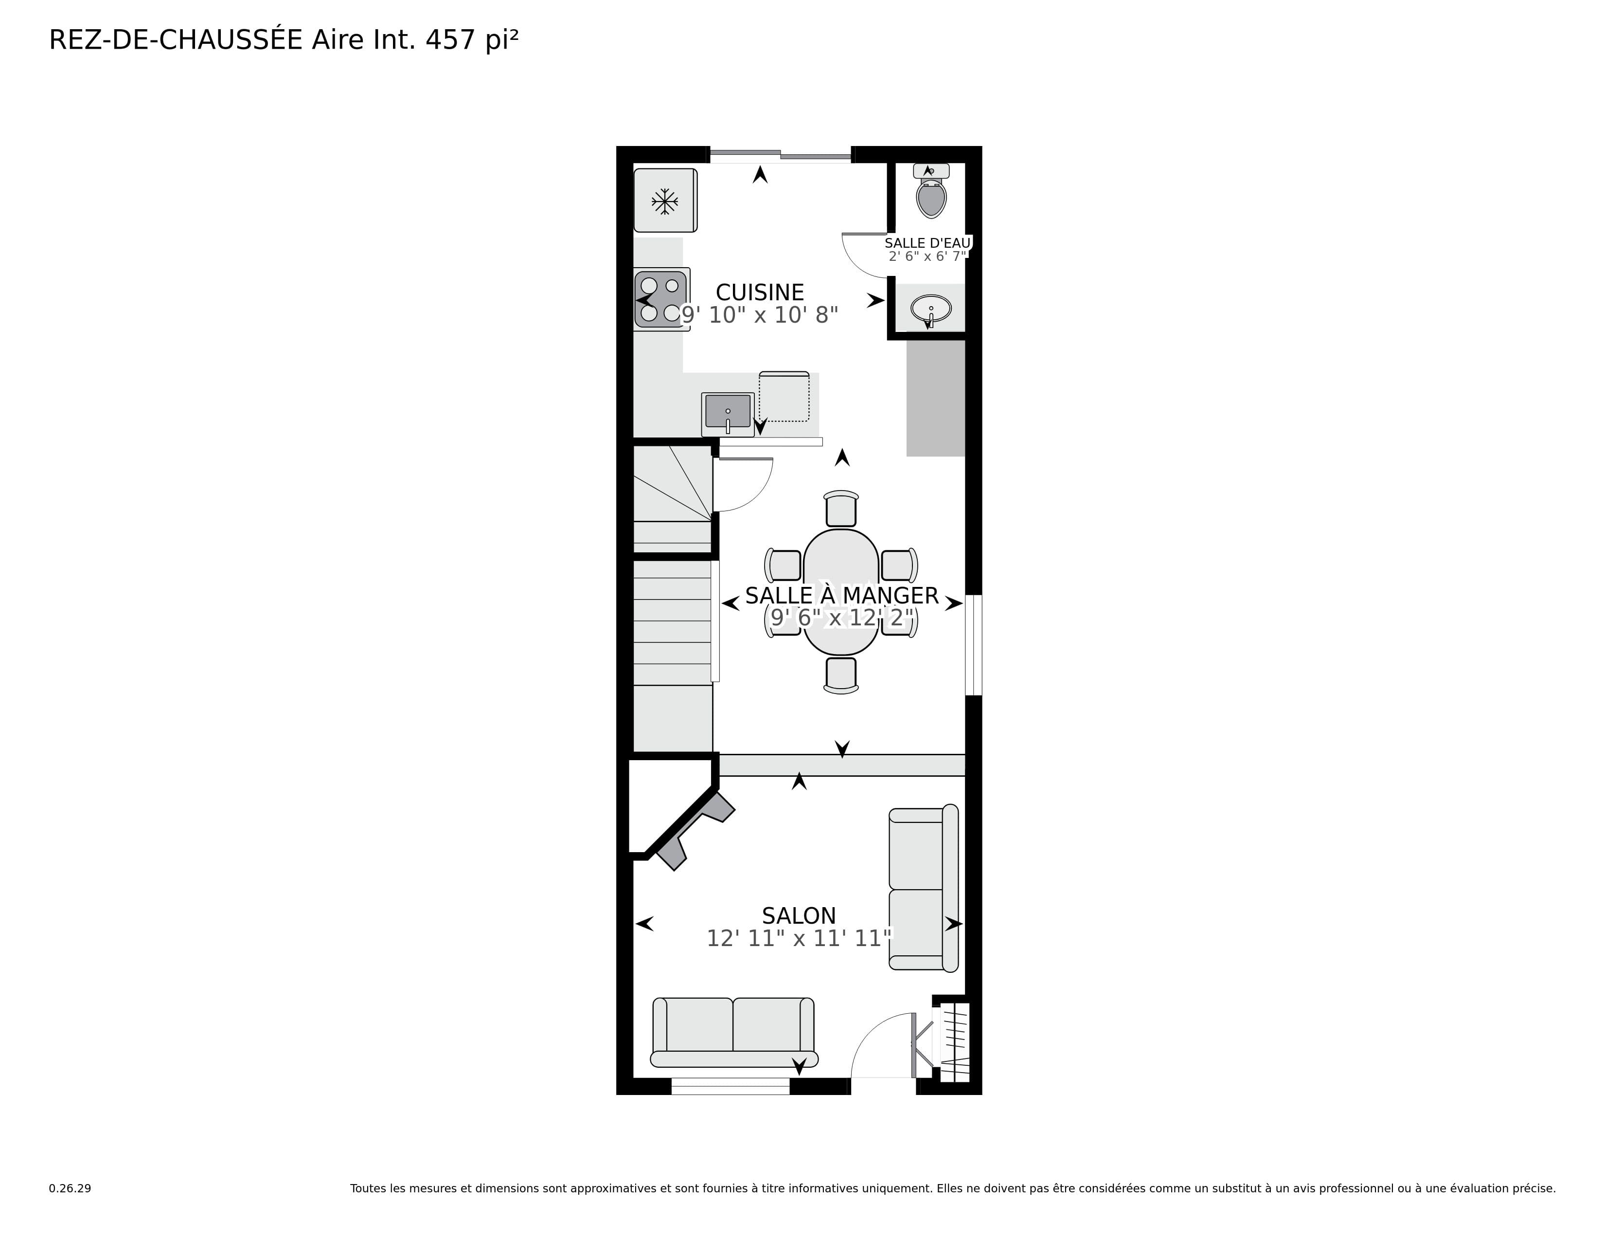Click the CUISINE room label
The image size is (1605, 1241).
click(x=759, y=292)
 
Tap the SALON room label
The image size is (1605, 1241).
click(x=798, y=916)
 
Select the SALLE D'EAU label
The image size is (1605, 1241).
click(x=927, y=243)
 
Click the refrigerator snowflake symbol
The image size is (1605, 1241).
click(x=664, y=201)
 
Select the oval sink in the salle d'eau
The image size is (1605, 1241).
click(x=930, y=309)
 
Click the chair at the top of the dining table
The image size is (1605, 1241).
click(x=841, y=510)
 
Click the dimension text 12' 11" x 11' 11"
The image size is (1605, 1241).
click(x=798, y=939)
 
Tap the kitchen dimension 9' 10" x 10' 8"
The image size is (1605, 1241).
click(x=759, y=315)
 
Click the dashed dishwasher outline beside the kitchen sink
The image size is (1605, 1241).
click(x=784, y=397)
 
